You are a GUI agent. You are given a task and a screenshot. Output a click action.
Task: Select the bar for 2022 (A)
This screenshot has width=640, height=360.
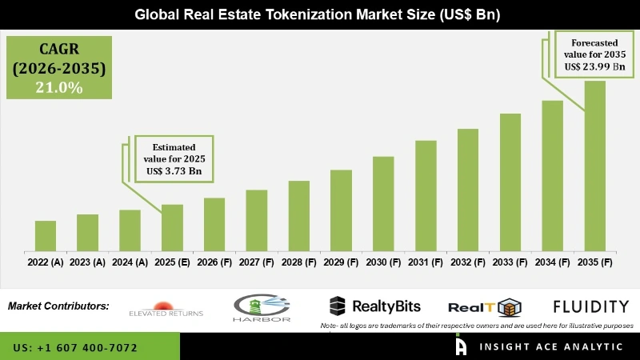tap(46, 235)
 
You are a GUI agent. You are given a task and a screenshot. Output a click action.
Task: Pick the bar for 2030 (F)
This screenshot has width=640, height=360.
tap(383, 203)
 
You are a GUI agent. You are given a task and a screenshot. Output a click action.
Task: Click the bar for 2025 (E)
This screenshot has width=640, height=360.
tap(172, 227)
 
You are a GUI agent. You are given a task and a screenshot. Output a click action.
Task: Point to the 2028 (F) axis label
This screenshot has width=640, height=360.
tap(299, 262)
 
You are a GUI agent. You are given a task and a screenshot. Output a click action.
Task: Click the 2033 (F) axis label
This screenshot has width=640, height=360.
tap(510, 262)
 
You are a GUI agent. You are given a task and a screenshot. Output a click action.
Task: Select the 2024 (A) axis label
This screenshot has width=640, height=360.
tap(130, 262)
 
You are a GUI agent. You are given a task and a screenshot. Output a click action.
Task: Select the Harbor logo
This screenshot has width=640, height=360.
tap(262, 307)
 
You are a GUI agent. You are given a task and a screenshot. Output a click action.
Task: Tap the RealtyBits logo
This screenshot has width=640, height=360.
tap(375, 306)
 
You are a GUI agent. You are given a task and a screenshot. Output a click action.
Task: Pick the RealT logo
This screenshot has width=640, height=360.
tap(485, 307)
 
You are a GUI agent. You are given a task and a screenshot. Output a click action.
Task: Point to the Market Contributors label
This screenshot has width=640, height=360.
tap(58, 306)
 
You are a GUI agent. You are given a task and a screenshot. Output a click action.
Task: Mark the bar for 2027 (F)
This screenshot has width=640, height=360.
tap(257, 220)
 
